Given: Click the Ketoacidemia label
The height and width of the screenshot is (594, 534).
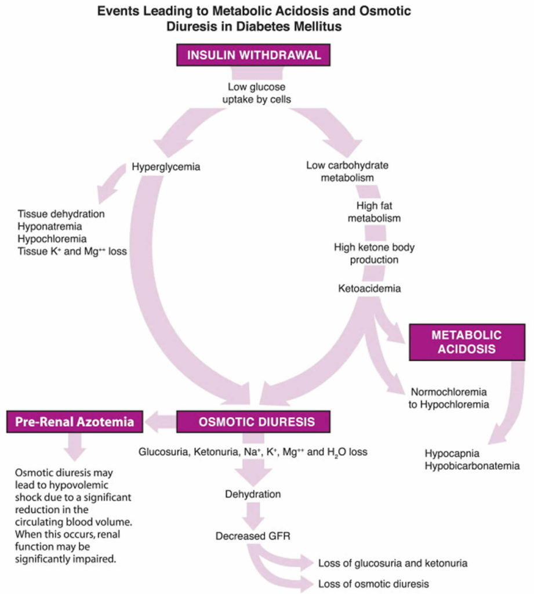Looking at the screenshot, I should pos(369,288).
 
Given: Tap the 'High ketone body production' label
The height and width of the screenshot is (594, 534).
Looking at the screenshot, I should pos(374,253).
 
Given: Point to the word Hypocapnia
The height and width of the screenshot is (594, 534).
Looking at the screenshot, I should pos(448,453).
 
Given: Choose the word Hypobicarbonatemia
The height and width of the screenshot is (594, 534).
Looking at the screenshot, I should pos(471,466).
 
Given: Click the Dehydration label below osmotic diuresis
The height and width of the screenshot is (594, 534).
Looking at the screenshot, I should pos(253,495).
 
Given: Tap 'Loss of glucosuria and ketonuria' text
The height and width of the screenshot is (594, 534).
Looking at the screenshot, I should pos(393,563).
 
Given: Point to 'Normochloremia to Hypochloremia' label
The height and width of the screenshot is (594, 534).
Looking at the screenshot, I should pos(448,398).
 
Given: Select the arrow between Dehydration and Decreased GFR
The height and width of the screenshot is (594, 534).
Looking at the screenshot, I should pos(252,515).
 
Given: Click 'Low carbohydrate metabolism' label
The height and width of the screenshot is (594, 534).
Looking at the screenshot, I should pos(347,171).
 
